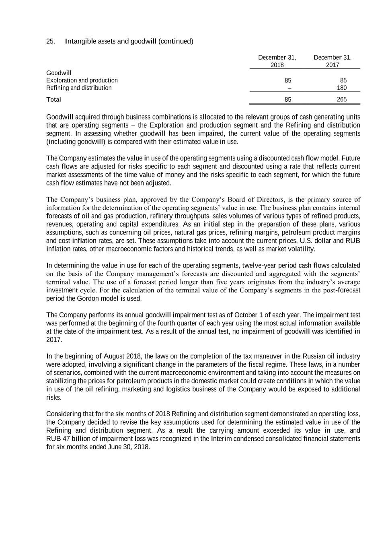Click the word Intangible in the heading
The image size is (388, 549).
click(x=80, y=41)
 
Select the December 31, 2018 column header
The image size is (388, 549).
click(x=277, y=61)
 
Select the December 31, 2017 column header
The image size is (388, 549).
click(x=332, y=61)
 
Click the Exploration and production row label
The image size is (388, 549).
click(x=82, y=80)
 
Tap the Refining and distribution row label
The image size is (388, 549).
click(x=79, y=88)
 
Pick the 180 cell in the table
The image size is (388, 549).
click(x=341, y=88)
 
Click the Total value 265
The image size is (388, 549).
click(x=341, y=100)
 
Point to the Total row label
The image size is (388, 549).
click(x=53, y=99)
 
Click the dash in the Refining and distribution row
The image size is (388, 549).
click(x=288, y=88)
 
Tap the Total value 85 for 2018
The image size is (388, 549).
click(x=288, y=100)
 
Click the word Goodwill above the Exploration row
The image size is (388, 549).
click(x=59, y=73)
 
